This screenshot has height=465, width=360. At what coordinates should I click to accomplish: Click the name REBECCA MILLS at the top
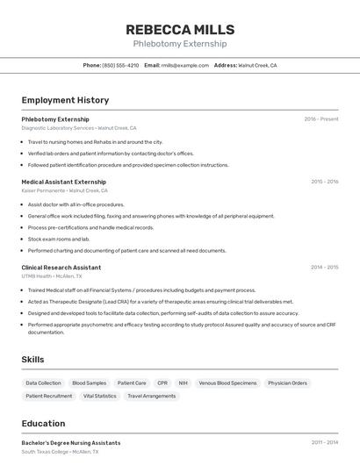(x=179, y=29)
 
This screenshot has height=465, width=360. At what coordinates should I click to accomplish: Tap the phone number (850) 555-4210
(x=120, y=65)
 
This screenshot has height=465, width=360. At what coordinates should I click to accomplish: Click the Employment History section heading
(x=65, y=100)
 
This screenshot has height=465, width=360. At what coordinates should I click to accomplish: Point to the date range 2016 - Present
(x=320, y=118)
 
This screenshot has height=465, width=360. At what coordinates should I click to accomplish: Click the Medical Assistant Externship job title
(x=63, y=182)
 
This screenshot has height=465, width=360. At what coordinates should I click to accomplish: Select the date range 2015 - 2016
(x=324, y=182)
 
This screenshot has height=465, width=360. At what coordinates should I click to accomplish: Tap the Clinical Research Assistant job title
(x=61, y=267)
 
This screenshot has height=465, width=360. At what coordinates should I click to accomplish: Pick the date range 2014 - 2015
(x=324, y=267)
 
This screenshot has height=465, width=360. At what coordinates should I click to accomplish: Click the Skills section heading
(x=33, y=360)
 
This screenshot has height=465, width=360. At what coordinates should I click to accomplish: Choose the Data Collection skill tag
(x=43, y=383)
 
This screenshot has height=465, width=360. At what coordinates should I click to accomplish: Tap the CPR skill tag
(x=162, y=383)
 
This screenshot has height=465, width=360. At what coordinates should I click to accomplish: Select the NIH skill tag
(x=183, y=383)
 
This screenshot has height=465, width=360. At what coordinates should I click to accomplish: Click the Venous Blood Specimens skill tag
(x=227, y=383)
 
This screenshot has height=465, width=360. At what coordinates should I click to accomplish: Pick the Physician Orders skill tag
(x=287, y=383)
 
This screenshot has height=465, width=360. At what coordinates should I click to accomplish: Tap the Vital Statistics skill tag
(x=99, y=396)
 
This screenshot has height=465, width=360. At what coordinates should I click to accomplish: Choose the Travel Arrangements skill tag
(x=152, y=396)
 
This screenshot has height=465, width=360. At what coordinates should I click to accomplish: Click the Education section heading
(x=43, y=424)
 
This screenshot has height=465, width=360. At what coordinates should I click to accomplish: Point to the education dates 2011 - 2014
(x=324, y=443)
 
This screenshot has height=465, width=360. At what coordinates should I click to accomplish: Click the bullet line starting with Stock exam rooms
(x=59, y=239)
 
